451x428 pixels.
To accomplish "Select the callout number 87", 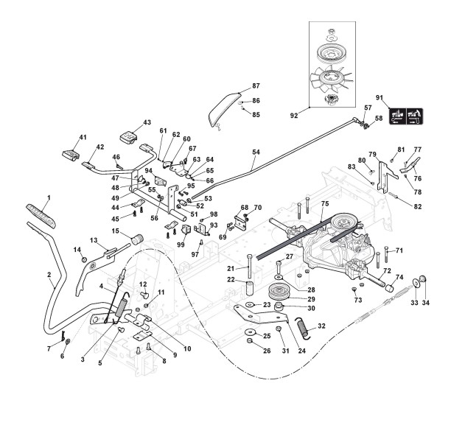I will coord(256,86).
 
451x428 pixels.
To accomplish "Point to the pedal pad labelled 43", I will coord(132,135).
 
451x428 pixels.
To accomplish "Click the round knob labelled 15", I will coord(136,239).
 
